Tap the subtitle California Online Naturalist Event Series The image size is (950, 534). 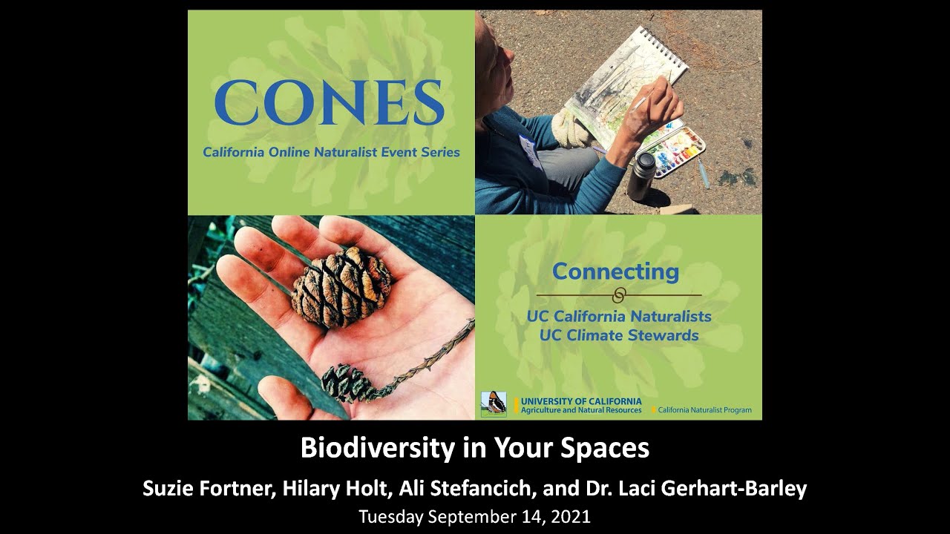pyautogui.click(x=331, y=152)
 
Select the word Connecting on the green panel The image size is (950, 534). pyautogui.click(x=615, y=271)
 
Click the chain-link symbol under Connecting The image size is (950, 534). pyautogui.click(x=618, y=294)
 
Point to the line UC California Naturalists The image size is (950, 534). pyautogui.click(x=619, y=316)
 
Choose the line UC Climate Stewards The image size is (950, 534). pyautogui.click(x=619, y=335)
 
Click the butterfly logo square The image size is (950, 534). pyautogui.click(x=494, y=404)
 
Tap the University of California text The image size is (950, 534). pyautogui.click(x=581, y=401)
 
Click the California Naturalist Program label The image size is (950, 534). pyautogui.click(x=704, y=410)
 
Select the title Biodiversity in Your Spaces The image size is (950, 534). pyautogui.click(x=475, y=448)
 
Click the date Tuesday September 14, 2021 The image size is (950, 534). pyautogui.click(x=475, y=516)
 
